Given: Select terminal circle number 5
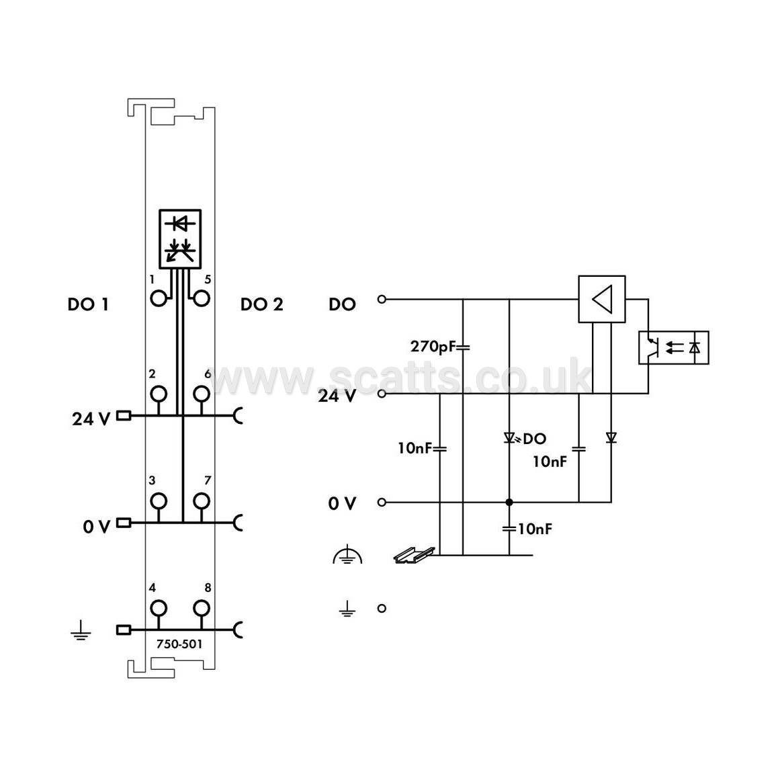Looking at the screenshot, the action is pyautogui.click(x=210, y=299).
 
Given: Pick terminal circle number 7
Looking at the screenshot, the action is pyautogui.click(x=210, y=501).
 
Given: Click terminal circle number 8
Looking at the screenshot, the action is pyautogui.click(x=210, y=608).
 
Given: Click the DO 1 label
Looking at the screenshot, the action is pyautogui.click(x=88, y=304).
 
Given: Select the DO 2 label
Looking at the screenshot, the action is pyautogui.click(x=262, y=304).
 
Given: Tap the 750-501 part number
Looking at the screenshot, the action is pyautogui.click(x=179, y=644).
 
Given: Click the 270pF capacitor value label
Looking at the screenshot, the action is pyautogui.click(x=433, y=346).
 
